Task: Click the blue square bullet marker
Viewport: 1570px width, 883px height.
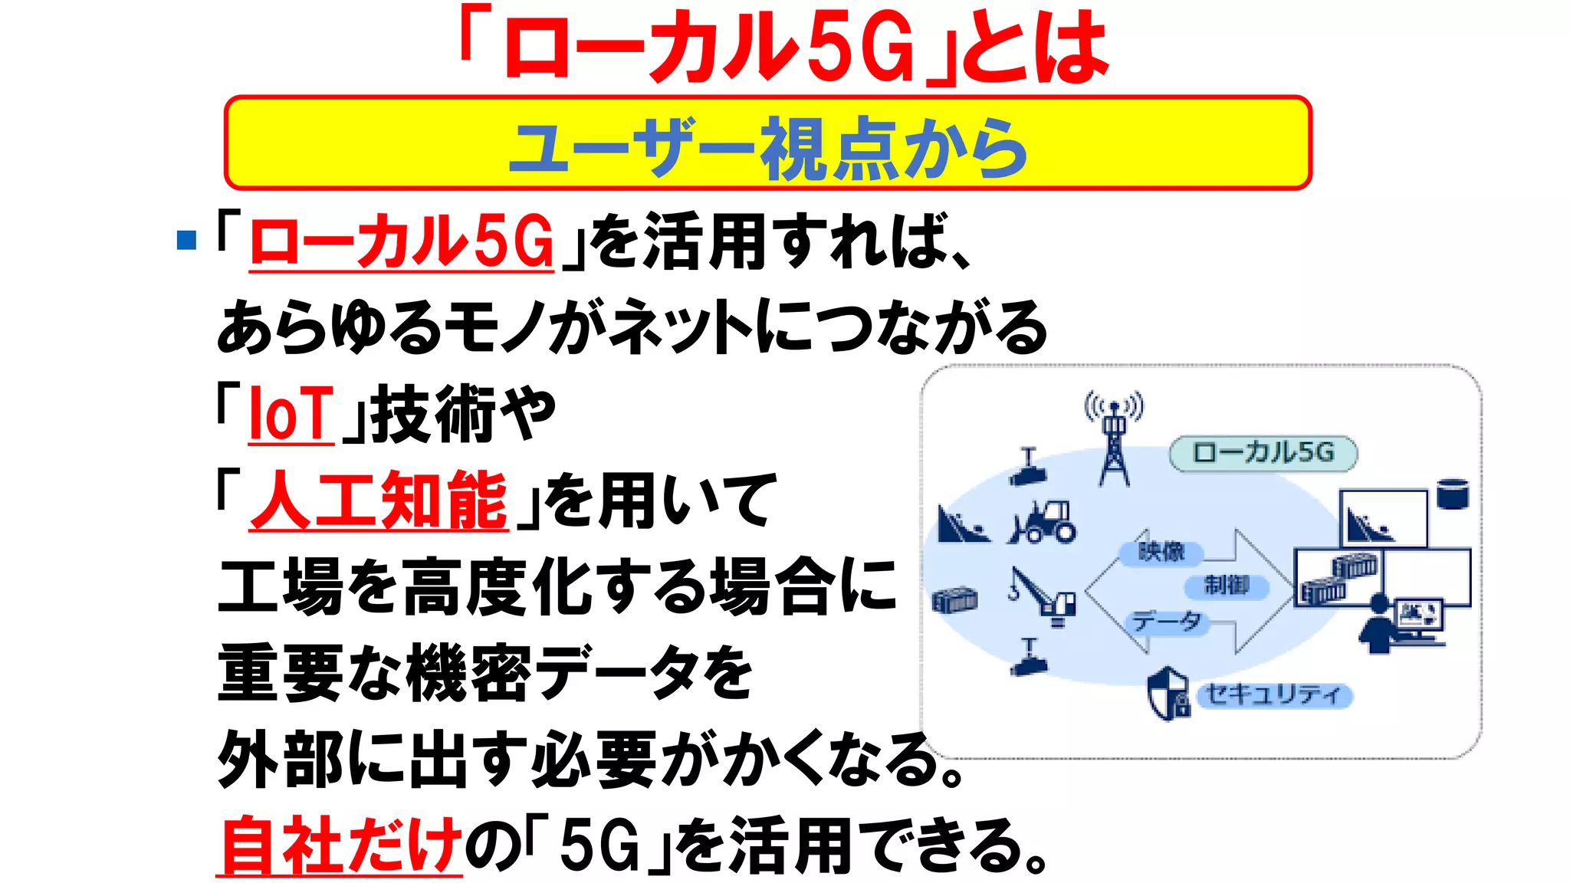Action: coord(186,240)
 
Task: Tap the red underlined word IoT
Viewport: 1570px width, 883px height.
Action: coord(291,415)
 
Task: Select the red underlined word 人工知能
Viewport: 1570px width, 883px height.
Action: coord(379,501)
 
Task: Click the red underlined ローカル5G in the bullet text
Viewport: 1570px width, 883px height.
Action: coord(402,241)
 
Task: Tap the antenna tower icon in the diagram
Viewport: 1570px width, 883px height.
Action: coord(1114,441)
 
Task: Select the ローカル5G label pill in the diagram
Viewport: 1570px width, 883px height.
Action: coord(1263,453)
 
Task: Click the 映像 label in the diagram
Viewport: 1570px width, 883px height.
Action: coord(1161,552)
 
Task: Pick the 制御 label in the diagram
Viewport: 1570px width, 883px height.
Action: coord(1226,586)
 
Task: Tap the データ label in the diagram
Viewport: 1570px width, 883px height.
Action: coord(1167,622)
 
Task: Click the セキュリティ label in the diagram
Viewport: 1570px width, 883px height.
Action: coord(1273,695)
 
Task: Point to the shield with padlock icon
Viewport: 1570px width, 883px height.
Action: coord(1168,694)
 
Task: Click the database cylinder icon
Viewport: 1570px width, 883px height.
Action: coord(1452,494)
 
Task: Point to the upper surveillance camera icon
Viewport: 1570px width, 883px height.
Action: coord(1028,468)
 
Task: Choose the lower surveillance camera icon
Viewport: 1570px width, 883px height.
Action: coord(1028,658)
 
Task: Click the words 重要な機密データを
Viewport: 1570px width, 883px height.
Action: coord(484,673)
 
